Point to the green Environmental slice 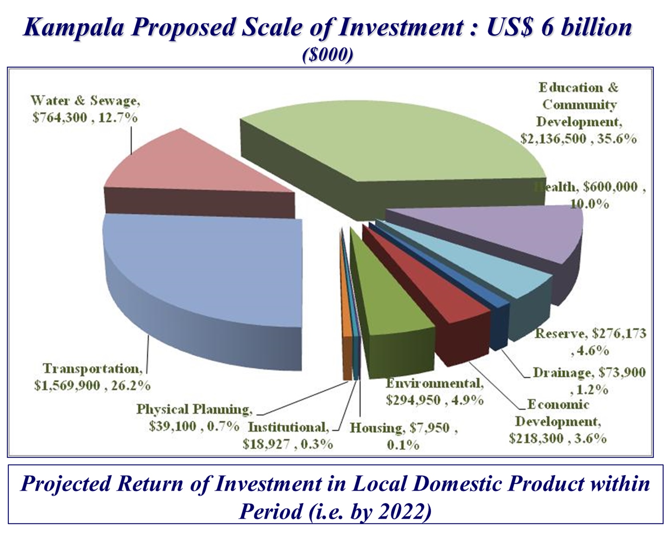coord(391,312)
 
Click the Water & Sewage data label coord(85,109)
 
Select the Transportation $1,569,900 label coord(92,377)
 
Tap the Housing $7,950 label coord(403,436)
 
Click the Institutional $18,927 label coord(288,436)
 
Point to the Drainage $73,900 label coord(589,381)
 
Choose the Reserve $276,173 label coord(590,342)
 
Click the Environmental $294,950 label coord(435,392)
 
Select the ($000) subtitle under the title coord(328,55)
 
